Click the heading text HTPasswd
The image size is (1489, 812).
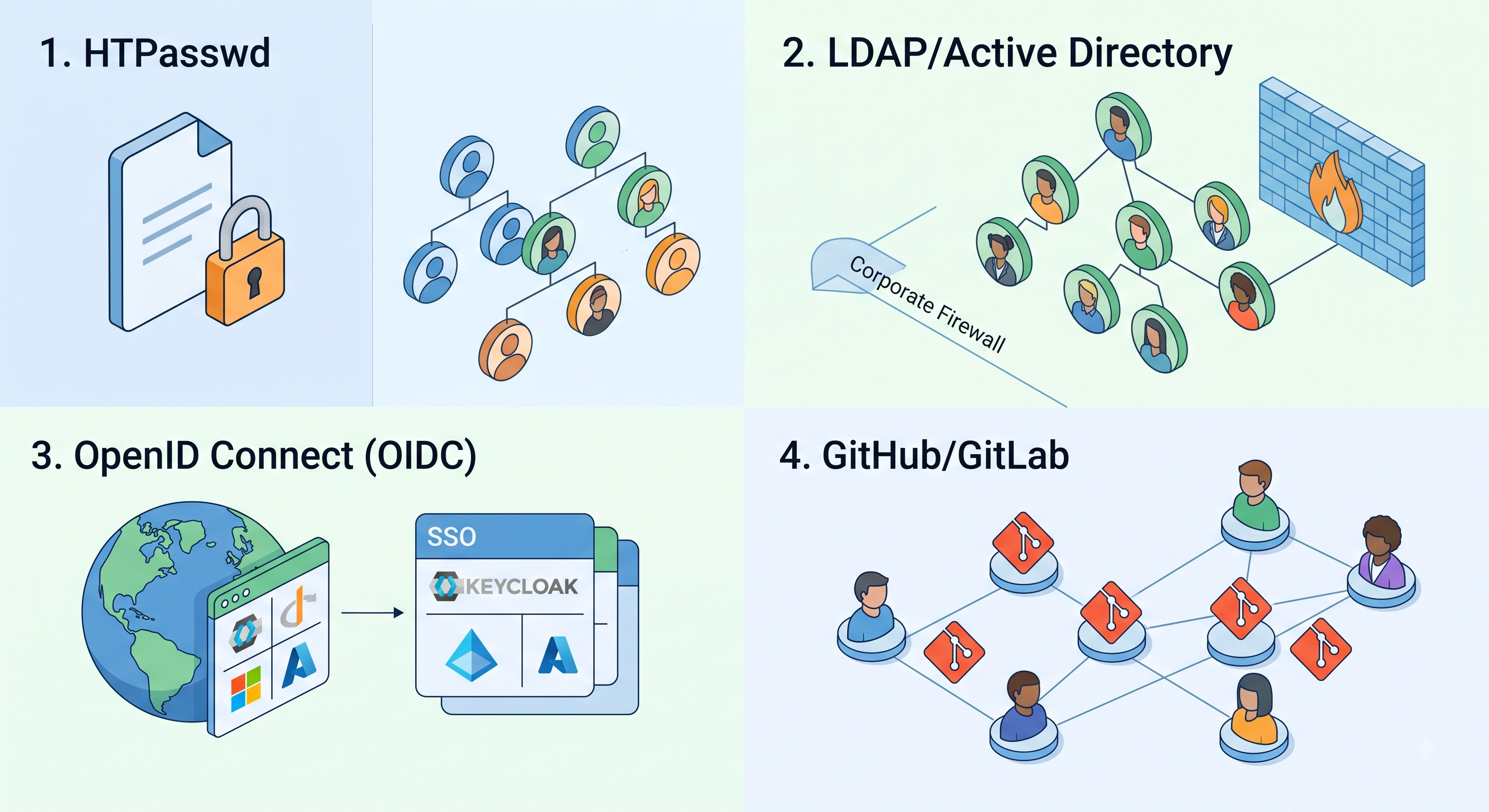pyautogui.click(x=177, y=53)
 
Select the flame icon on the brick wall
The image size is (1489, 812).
pyautogui.click(x=1335, y=192)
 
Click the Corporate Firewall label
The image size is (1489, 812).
pyautogui.click(x=927, y=303)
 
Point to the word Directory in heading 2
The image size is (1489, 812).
pyautogui.click(x=1150, y=54)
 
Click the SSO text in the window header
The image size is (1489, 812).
pyautogui.click(x=452, y=538)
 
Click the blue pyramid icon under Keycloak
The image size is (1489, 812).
pyautogui.click(x=471, y=656)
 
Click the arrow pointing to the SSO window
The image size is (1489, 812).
pyautogui.click(x=372, y=613)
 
